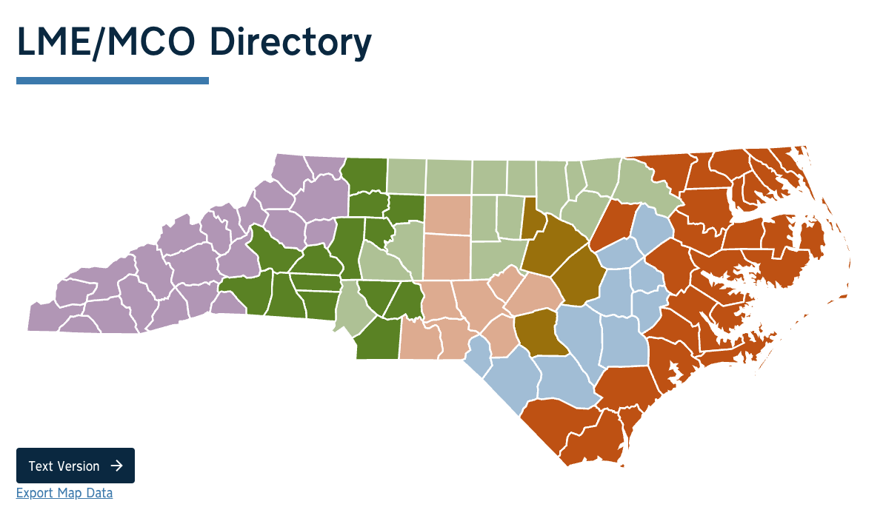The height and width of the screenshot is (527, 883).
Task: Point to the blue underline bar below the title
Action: tap(113, 81)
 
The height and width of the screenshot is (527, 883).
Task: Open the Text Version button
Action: tap(75, 466)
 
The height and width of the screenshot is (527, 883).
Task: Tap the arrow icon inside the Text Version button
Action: tap(116, 466)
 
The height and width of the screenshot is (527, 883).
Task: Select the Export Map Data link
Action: tap(64, 493)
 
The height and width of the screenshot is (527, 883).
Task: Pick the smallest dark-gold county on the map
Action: tap(531, 218)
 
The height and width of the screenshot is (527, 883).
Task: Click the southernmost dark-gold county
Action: tap(536, 332)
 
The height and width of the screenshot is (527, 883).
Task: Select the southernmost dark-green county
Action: tap(377, 342)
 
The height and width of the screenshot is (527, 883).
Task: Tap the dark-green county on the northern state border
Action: tap(364, 175)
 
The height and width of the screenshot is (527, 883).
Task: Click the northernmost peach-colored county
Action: tap(447, 214)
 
